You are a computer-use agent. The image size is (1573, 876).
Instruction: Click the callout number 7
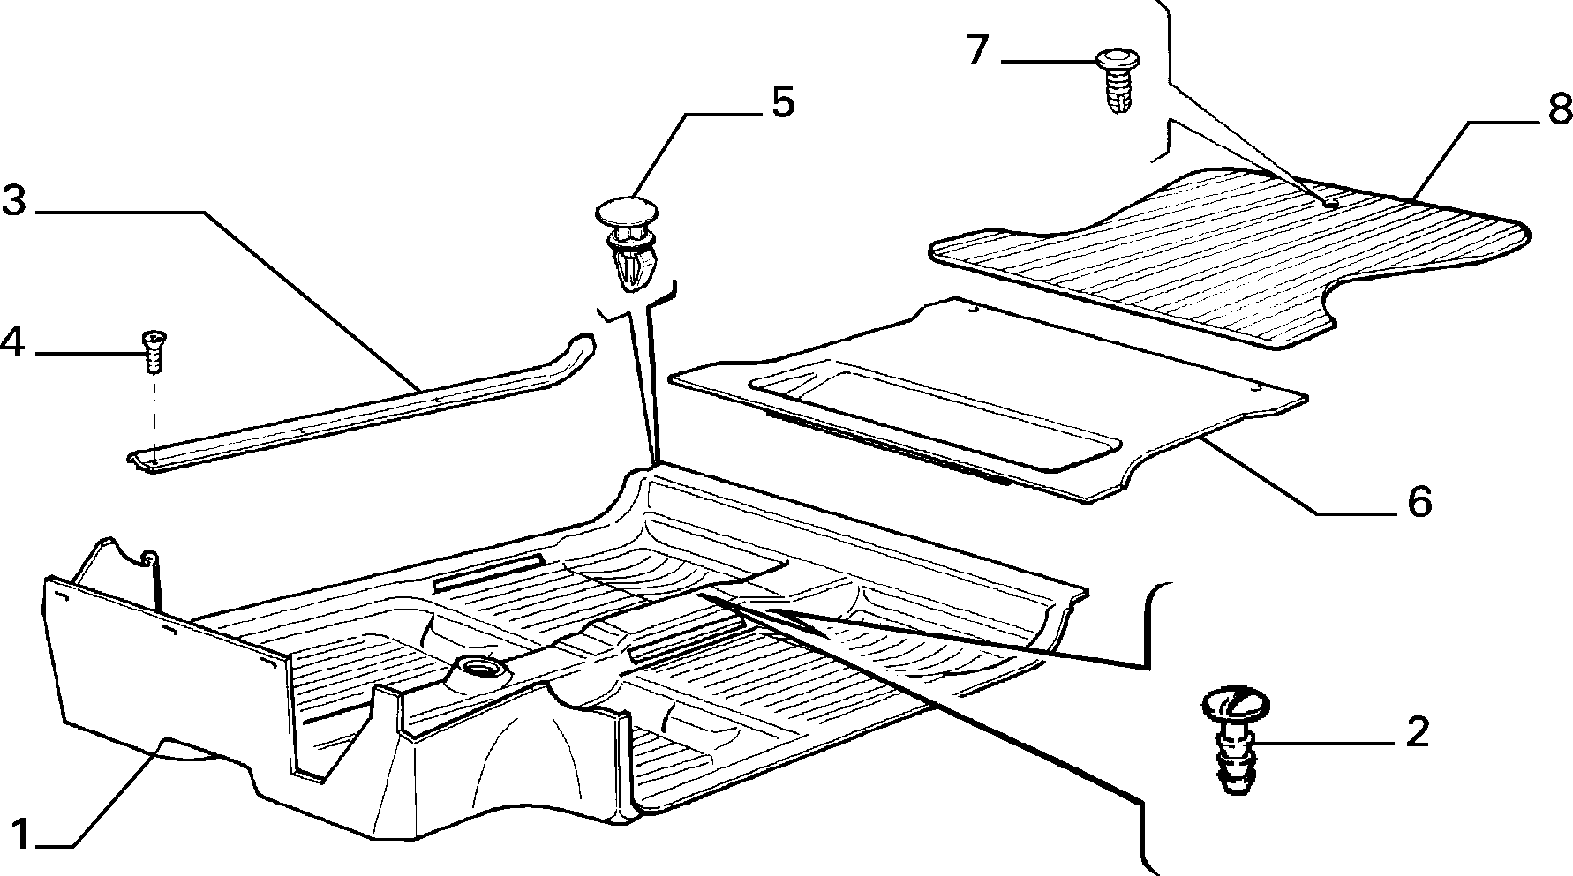[x=975, y=50]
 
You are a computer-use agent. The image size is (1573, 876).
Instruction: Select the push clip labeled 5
[x=628, y=243]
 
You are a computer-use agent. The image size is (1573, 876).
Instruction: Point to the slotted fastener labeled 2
[x=1235, y=740]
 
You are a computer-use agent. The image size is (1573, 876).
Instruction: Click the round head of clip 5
[x=628, y=213]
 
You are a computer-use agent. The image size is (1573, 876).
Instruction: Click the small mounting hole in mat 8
[x=1331, y=202]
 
